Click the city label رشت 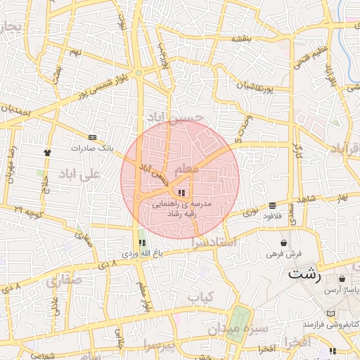click(304, 274)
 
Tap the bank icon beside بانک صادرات click(93, 136)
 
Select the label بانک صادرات click(92, 148)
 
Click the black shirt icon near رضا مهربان click(47, 151)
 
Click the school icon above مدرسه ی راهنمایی click(181, 192)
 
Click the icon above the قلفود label click(272, 205)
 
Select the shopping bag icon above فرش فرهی click(283, 243)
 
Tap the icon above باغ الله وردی click(143, 242)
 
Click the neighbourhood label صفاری click(65, 281)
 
